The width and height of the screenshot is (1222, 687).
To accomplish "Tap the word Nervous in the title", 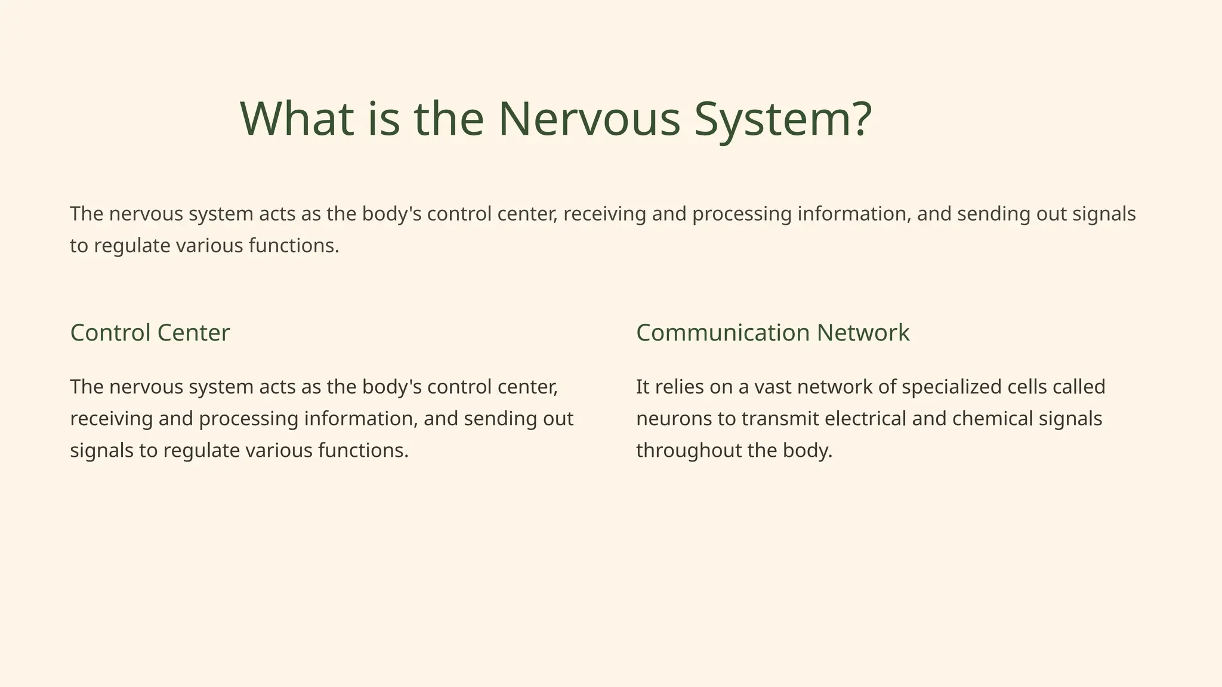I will (589, 119).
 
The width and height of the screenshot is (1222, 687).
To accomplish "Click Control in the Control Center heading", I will (109, 333).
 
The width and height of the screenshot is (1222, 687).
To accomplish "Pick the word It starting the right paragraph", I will (642, 387).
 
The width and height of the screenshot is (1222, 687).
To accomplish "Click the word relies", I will (677, 387).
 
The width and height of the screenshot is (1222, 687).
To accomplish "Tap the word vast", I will (773, 387).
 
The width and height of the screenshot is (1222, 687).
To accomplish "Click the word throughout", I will (689, 451).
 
